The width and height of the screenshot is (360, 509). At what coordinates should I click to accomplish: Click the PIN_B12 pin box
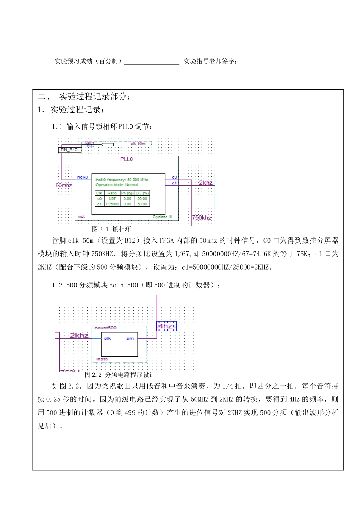point(69,150)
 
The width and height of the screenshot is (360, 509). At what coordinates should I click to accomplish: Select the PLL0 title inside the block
point(126,159)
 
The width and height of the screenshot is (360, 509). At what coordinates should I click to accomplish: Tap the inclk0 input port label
point(82,177)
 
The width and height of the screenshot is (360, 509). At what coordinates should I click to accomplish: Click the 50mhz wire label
point(64,185)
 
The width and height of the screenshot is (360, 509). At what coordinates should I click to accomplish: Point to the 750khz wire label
point(202,218)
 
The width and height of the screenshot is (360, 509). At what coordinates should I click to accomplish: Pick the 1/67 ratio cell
point(112,198)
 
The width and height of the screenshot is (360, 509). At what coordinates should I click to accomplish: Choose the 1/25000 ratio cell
point(112,204)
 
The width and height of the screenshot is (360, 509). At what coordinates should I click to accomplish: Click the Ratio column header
point(112,193)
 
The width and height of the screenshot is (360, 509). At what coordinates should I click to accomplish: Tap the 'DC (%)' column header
point(142,193)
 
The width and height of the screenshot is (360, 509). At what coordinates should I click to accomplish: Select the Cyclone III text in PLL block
point(162,217)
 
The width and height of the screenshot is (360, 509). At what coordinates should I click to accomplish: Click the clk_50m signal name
point(138,144)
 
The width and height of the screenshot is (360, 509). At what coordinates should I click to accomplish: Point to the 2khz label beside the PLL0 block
point(206,183)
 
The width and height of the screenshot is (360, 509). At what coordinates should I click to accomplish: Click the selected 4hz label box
point(166,326)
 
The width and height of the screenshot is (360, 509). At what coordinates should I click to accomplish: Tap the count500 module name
point(106,328)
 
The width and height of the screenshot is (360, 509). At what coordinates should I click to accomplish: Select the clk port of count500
point(108,339)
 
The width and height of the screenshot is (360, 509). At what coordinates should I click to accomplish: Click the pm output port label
point(130,339)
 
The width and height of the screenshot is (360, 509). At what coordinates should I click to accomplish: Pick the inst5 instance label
point(102,359)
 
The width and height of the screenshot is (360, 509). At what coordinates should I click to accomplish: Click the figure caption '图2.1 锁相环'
point(111,230)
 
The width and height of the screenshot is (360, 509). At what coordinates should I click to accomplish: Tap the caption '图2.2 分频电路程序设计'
point(120,375)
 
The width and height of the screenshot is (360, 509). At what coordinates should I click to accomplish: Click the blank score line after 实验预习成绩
point(152,62)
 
